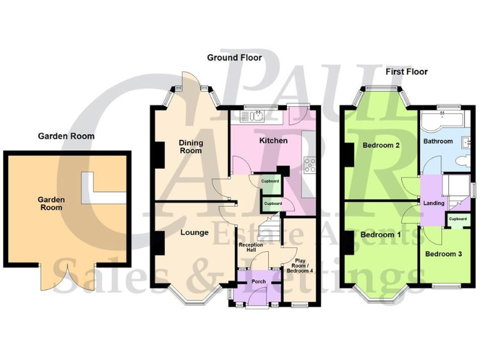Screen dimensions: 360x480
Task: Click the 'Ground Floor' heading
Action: click(x=234, y=57)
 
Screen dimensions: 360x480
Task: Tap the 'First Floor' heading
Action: click(x=406, y=72)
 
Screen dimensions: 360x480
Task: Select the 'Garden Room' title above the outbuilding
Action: click(x=66, y=136)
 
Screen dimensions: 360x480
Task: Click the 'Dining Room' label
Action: click(x=191, y=146)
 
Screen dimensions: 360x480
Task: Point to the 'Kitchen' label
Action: click(x=273, y=141)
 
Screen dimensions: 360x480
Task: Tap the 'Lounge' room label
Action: click(x=194, y=232)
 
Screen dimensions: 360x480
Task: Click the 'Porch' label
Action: click(x=259, y=282)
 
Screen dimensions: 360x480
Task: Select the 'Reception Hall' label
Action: click(x=251, y=248)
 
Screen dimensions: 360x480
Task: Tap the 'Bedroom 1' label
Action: click(x=381, y=235)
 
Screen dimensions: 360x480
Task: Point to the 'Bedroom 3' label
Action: click(x=443, y=254)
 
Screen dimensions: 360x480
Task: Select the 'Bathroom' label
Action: click(x=437, y=141)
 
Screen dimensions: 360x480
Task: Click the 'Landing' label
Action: click(x=434, y=203)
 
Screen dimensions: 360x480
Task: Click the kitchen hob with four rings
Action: click(x=309, y=165)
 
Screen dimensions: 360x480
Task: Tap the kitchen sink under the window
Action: click(x=257, y=116)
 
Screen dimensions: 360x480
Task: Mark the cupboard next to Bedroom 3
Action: click(x=457, y=219)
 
